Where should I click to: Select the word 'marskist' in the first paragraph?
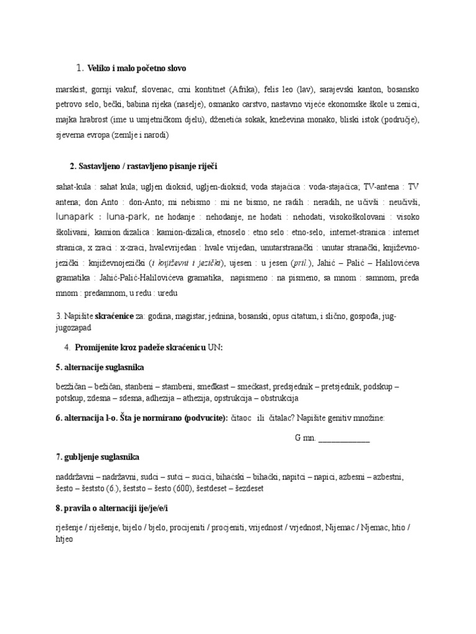click(x=69, y=89)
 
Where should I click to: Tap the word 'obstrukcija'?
click(x=275, y=397)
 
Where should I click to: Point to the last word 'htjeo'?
click(x=65, y=539)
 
